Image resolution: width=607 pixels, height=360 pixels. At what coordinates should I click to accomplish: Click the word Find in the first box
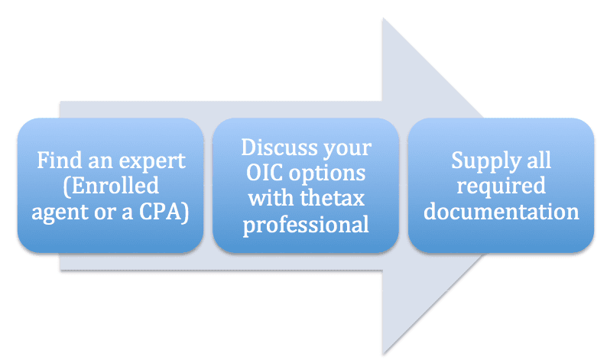60,160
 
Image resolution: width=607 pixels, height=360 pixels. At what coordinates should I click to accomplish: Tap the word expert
152,162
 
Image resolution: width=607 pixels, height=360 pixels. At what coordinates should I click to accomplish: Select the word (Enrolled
111,186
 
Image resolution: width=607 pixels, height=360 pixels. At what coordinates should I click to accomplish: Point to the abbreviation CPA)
164,212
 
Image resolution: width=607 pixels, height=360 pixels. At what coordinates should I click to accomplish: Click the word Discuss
279,148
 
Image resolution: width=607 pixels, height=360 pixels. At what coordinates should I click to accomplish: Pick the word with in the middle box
271,198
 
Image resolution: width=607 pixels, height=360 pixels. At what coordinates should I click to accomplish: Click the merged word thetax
332,199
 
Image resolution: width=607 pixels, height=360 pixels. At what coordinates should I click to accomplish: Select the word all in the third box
539,160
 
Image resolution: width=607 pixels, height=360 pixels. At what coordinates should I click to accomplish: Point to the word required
501,187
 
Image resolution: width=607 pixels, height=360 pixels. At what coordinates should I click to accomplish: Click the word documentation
501,212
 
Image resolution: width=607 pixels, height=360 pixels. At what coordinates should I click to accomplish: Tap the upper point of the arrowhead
383,18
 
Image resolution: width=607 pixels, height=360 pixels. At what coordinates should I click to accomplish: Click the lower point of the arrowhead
383,353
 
